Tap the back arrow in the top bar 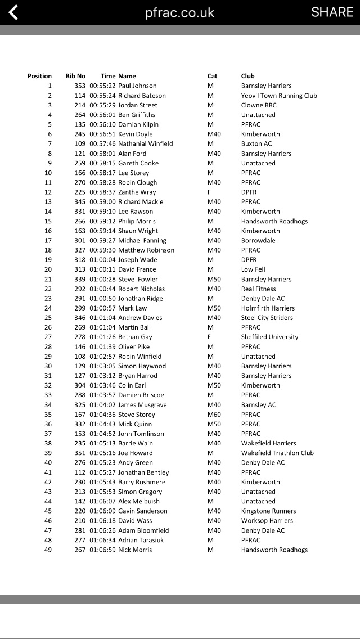click(x=12, y=12)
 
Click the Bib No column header click(x=75, y=76)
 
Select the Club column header click(x=247, y=76)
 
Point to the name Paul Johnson click(x=137, y=85)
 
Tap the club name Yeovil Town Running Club click(x=279, y=96)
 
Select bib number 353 click(x=80, y=85)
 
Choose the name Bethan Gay click(x=135, y=337)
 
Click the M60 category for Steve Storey click(x=214, y=415)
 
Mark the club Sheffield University click(x=269, y=337)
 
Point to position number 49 click(x=48, y=550)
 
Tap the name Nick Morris click(x=135, y=550)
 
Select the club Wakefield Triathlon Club click(x=277, y=453)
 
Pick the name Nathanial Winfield click(x=146, y=143)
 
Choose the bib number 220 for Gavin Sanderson click(x=80, y=511)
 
